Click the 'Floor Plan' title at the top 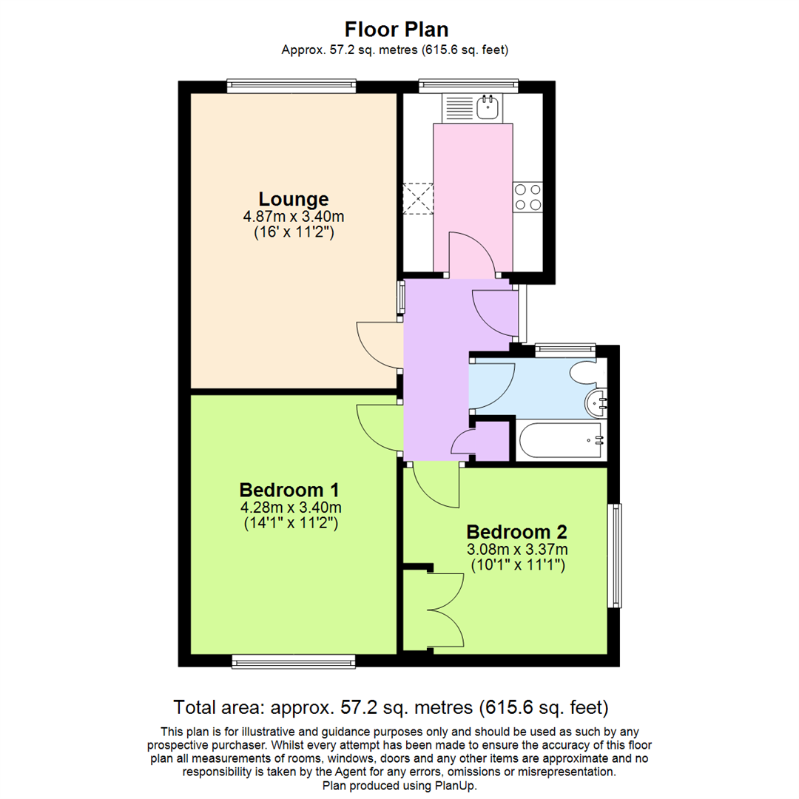[x=396, y=29]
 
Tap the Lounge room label [x=294, y=199]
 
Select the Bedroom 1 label [x=289, y=490]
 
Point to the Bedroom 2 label [x=516, y=532]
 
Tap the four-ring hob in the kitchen [x=527, y=197]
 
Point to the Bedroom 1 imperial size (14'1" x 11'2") [x=290, y=524]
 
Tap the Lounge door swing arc [x=377, y=345]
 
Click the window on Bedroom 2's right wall [x=614, y=556]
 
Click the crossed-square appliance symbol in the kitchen [x=417, y=198]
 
